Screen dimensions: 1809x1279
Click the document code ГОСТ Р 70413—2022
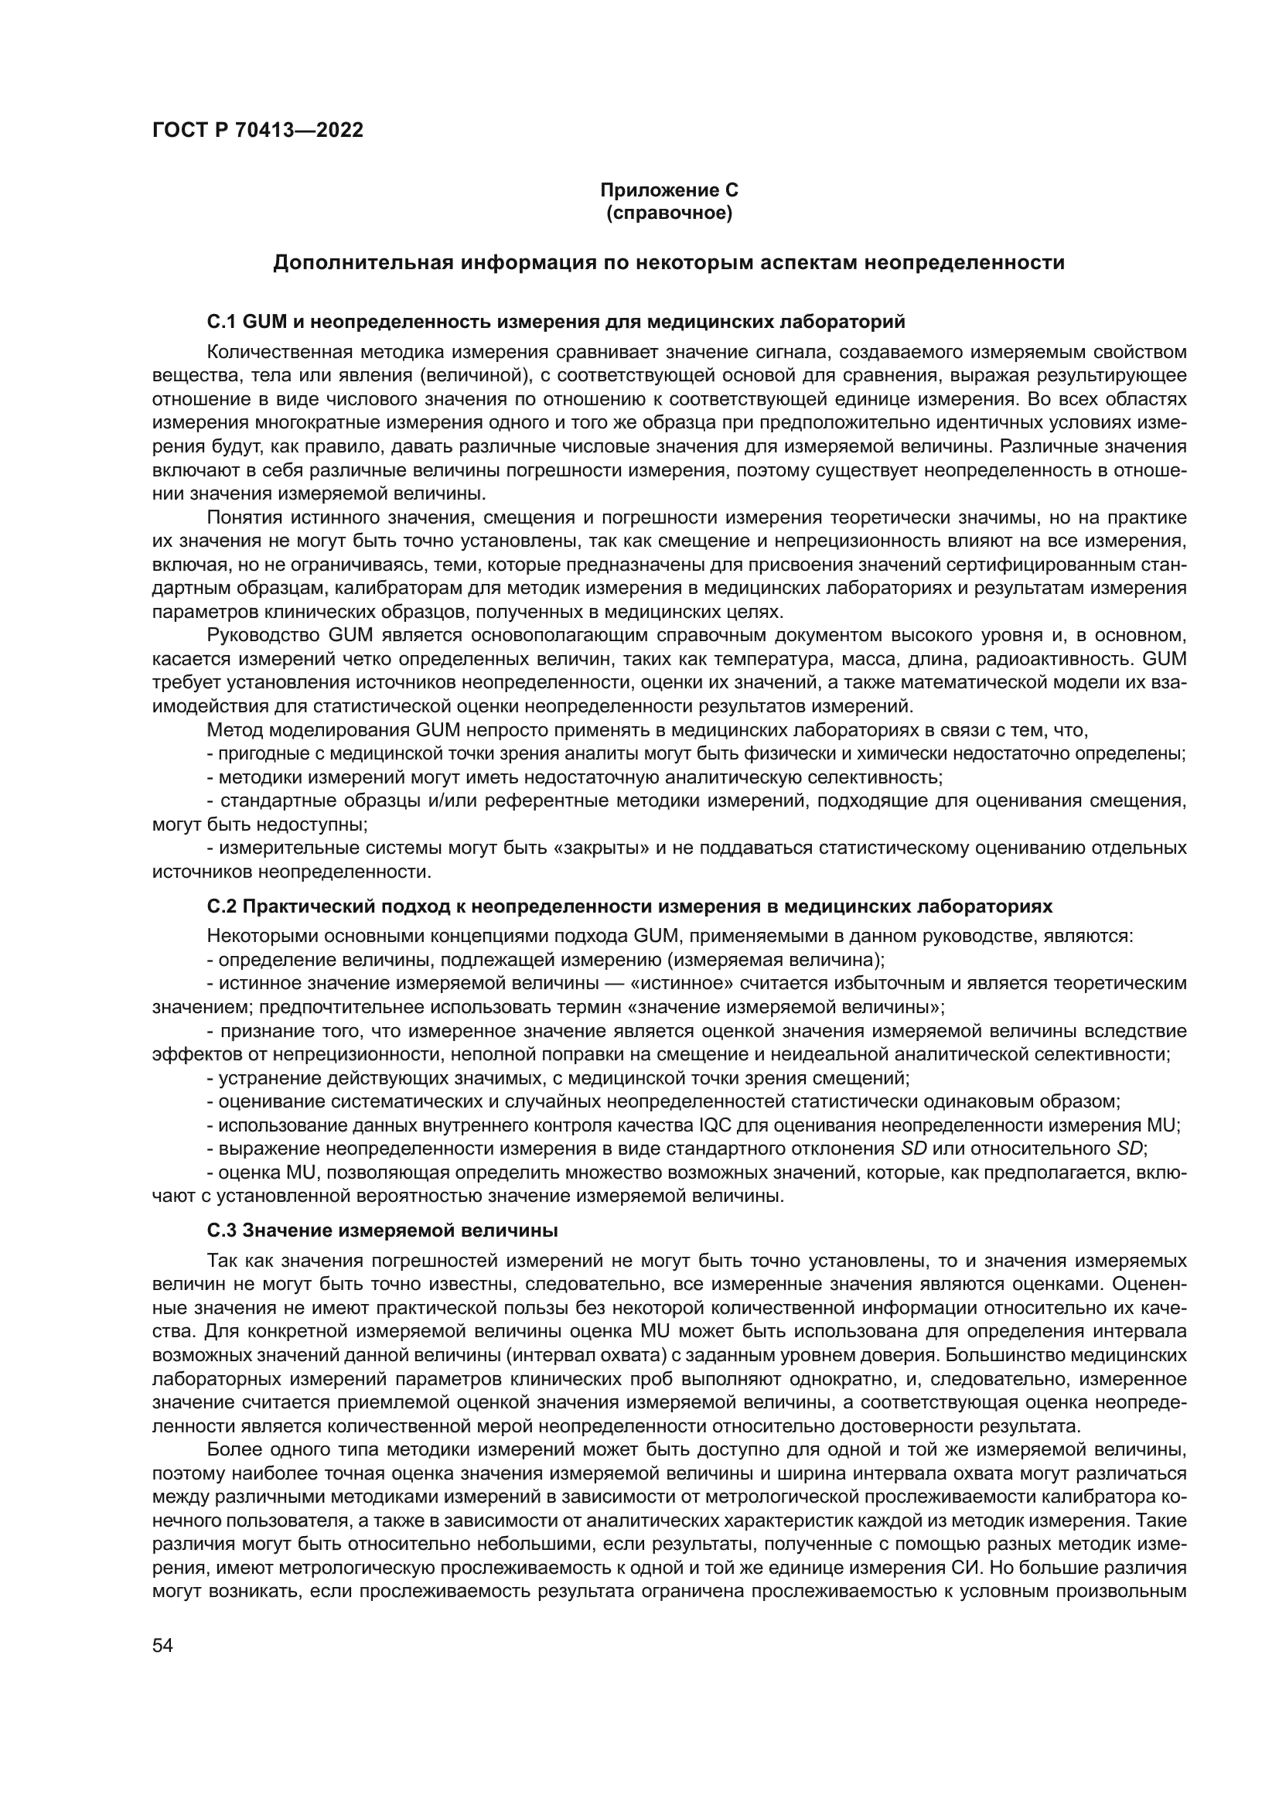258,131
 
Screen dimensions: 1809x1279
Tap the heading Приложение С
669,190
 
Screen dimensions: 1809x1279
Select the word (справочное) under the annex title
669,213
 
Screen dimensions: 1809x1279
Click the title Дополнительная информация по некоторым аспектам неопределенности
669,263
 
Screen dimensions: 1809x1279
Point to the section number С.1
222,322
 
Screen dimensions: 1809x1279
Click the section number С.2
222,907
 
